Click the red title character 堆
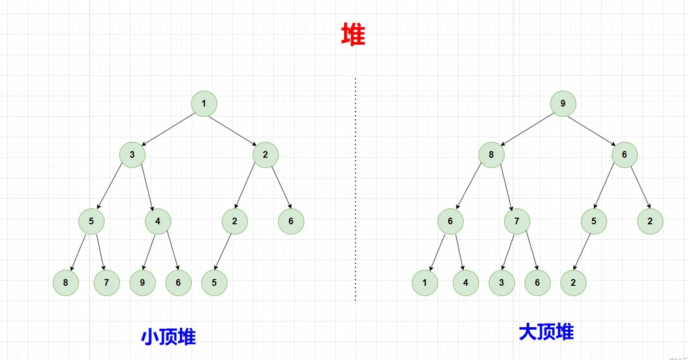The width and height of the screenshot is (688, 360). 353,34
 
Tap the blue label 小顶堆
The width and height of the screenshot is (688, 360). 169,336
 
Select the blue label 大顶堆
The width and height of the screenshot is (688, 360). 546,332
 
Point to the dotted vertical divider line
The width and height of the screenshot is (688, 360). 356,189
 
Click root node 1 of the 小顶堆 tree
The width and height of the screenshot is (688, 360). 204,104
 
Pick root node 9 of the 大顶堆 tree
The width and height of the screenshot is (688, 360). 563,104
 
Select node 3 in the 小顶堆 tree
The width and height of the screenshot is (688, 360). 132,155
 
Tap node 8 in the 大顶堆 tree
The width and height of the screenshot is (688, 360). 491,155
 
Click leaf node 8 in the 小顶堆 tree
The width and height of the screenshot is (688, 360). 66,283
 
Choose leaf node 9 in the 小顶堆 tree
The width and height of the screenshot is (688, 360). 142,283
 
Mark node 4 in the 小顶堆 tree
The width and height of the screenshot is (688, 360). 158,221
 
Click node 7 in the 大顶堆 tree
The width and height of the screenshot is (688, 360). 517,221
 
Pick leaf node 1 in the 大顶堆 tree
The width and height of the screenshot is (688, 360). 425,283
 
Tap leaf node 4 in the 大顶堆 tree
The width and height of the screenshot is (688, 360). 466,283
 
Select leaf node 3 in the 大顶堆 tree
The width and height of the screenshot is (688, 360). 502,283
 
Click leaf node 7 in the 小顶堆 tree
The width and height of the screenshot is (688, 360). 107,283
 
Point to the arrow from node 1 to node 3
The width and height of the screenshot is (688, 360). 168,129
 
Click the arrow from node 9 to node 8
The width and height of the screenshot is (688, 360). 527,129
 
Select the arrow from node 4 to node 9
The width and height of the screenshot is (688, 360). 149,252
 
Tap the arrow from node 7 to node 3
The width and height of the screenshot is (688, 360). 507,252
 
